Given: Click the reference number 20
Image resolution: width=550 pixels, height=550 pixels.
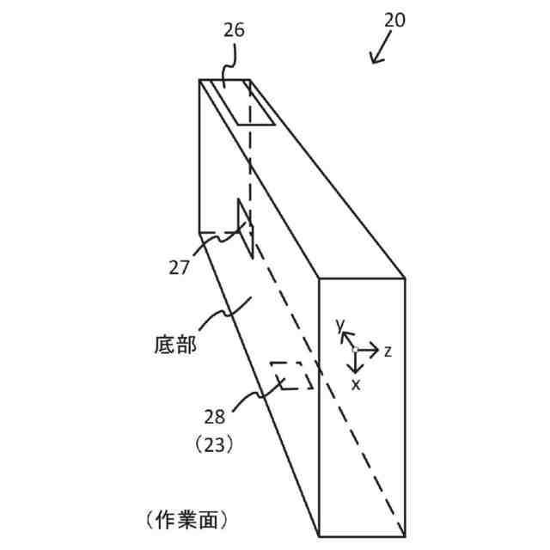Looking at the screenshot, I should (x=394, y=20).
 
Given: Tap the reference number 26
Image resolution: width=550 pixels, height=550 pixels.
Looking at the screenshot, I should (x=234, y=30).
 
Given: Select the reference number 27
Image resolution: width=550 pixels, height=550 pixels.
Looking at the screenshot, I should (x=178, y=267).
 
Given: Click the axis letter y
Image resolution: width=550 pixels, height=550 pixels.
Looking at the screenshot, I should (x=340, y=325).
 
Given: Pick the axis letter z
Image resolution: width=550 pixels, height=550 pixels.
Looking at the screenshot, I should (x=388, y=351).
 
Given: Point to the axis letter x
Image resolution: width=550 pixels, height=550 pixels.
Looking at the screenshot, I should (x=356, y=384).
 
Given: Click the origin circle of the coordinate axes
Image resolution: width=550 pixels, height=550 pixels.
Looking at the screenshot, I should (x=356, y=350).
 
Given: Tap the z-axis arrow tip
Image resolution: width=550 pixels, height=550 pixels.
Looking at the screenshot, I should (x=377, y=350).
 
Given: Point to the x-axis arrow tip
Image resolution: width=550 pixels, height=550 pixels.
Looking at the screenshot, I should (x=356, y=370).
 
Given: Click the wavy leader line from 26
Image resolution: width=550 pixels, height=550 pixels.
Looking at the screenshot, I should (x=229, y=67).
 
